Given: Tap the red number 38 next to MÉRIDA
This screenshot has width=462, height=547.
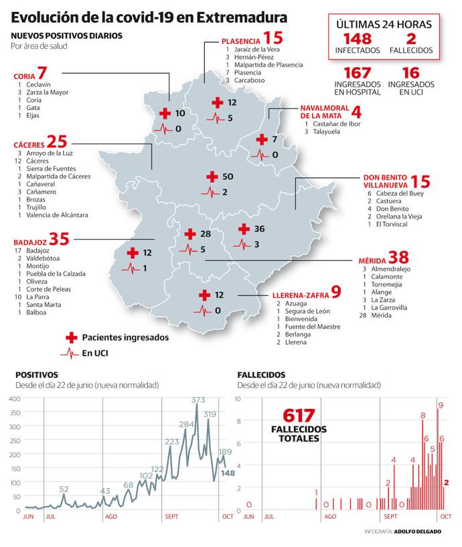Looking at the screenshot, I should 399,257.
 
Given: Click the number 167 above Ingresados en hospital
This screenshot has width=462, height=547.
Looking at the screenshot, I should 357,73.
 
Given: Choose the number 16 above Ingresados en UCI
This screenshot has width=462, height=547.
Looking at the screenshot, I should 410,73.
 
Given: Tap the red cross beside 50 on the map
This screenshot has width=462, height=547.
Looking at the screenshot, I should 212,176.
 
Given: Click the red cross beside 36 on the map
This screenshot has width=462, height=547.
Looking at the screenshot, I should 243,229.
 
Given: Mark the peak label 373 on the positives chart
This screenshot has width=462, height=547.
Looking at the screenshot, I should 198,400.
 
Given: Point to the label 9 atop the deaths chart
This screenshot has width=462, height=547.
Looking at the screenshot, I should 441,405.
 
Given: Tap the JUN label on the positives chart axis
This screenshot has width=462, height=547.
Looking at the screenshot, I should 28,517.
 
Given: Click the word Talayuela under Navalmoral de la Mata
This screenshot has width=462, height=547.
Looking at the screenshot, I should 328,132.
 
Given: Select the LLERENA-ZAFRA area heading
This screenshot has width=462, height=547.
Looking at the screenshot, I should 300,294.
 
